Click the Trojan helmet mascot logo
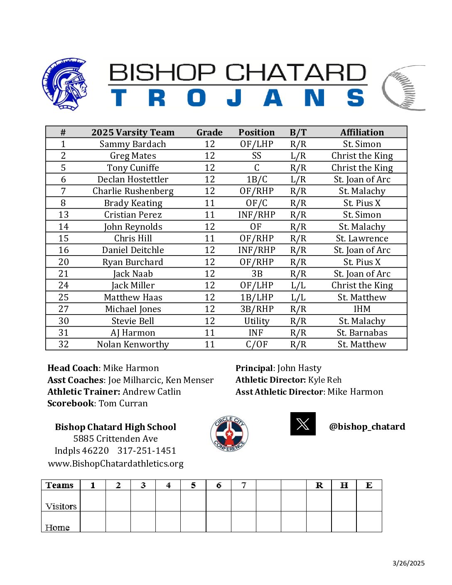(x=65, y=84)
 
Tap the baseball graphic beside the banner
(x=403, y=88)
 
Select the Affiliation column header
(x=362, y=133)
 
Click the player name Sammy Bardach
(x=133, y=144)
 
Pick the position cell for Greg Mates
(x=256, y=156)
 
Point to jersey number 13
(x=63, y=215)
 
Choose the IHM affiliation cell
(x=362, y=309)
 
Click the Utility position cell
(x=256, y=321)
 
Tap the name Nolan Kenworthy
(x=133, y=344)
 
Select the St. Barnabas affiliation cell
(x=362, y=333)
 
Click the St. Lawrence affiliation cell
(x=362, y=238)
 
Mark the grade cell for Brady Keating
(x=209, y=203)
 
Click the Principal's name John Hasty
(x=299, y=368)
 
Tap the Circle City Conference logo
(x=229, y=434)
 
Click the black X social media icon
(x=303, y=424)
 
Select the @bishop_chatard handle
(x=367, y=427)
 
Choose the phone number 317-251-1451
(x=147, y=451)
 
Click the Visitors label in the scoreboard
(x=61, y=506)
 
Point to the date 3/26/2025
(x=408, y=563)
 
